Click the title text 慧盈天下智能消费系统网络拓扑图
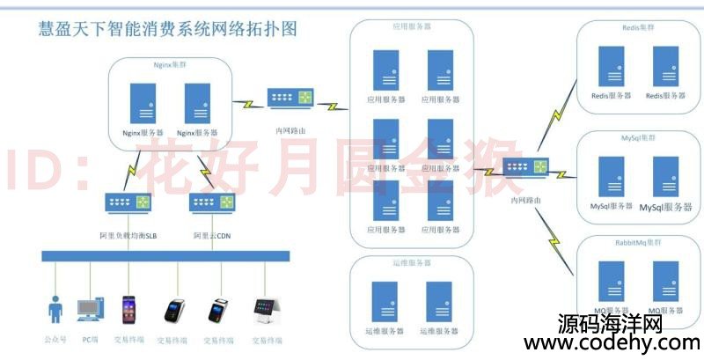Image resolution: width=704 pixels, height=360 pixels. pos(167,28)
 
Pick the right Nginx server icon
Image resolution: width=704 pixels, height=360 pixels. pos(196,103)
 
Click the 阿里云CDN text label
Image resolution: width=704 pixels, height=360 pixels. pos(212,235)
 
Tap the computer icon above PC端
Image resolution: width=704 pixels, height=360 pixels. pos(90,310)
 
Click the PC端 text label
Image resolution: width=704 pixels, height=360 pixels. pos(90,338)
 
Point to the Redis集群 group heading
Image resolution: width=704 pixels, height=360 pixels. pos(637,27)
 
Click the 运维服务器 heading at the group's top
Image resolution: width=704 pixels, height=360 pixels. pos(411,262)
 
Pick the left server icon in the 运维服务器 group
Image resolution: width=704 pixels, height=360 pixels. pos(384,301)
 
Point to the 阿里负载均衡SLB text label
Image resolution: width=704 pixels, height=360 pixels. pos(128,235)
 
